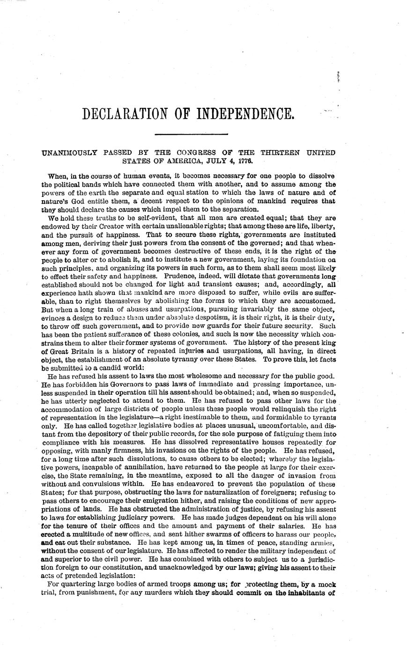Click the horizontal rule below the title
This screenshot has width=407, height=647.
tap(191, 135)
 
